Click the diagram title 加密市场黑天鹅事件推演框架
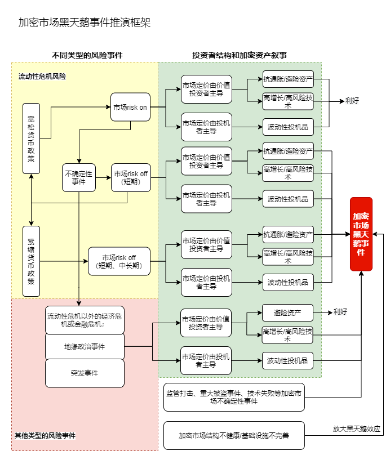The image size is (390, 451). click(x=84, y=23)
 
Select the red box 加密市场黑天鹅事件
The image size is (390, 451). click(x=361, y=234)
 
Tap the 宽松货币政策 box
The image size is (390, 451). click(x=31, y=138)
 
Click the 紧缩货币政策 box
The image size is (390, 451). click(x=31, y=261)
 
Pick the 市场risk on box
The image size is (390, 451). click(x=130, y=106)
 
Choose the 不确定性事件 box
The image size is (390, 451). click(x=79, y=177)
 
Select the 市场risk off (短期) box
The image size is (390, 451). click(x=130, y=177)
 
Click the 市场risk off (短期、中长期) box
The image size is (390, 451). click(x=119, y=261)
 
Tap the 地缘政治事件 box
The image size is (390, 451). click(x=85, y=346)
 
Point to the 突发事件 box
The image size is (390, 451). click(x=85, y=373)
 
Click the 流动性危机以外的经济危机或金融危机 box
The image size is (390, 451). click(x=85, y=320)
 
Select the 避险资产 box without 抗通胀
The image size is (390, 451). click(x=287, y=312)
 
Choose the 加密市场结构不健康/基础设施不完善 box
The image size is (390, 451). click(x=234, y=435)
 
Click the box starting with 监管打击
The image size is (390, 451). click(x=234, y=397)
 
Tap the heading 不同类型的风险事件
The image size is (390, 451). click(x=87, y=55)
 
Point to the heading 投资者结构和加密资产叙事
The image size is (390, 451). click(x=240, y=55)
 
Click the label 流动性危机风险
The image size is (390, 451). click(x=42, y=76)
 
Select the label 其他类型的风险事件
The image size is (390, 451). click(x=45, y=435)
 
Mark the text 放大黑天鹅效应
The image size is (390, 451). click(x=356, y=428)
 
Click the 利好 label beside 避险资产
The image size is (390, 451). click(x=340, y=311)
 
